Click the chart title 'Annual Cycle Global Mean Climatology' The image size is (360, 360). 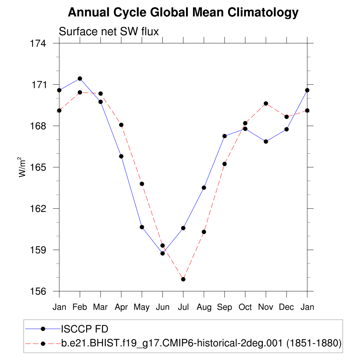[x=183, y=13]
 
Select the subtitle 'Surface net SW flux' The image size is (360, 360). [x=109, y=32]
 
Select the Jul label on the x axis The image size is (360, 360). [x=183, y=307]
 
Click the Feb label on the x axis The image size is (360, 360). [x=80, y=307]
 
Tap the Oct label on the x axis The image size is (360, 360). [x=245, y=307]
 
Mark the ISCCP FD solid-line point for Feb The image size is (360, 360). [x=80, y=78]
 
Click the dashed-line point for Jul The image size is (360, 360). [x=183, y=279]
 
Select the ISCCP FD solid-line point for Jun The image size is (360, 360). [x=162, y=253]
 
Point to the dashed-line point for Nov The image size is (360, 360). [x=266, y=103]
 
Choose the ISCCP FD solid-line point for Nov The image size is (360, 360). [x=266, y=141]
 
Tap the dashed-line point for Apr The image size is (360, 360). [x=121, y=125]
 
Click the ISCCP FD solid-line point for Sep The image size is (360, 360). [x=225, y=136]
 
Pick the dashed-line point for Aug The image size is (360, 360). [x=204, y=232]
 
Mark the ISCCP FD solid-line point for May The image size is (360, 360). [x=142, y=227]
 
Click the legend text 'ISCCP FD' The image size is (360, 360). [x=84, y=329]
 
